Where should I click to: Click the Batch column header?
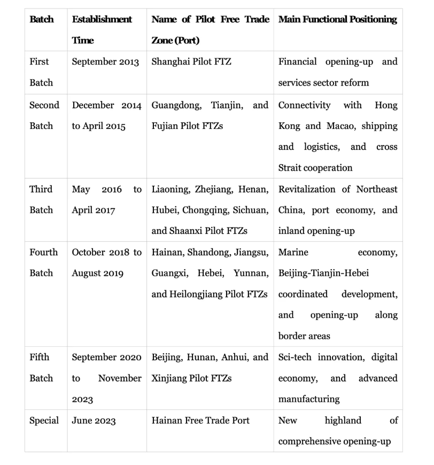click(x=42, y=19)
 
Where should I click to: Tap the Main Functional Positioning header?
click(x=337, y=19)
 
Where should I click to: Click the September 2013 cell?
click(x=105, y=62)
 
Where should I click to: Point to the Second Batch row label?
click(x=44, y=115)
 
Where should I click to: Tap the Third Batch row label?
click(x=41, y=199)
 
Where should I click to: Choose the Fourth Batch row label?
click(x=43, y=262)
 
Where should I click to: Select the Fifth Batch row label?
click(x=41, y=368)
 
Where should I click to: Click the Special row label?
click(x=44, y=420)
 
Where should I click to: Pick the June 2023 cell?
click(x=94, y=420)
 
